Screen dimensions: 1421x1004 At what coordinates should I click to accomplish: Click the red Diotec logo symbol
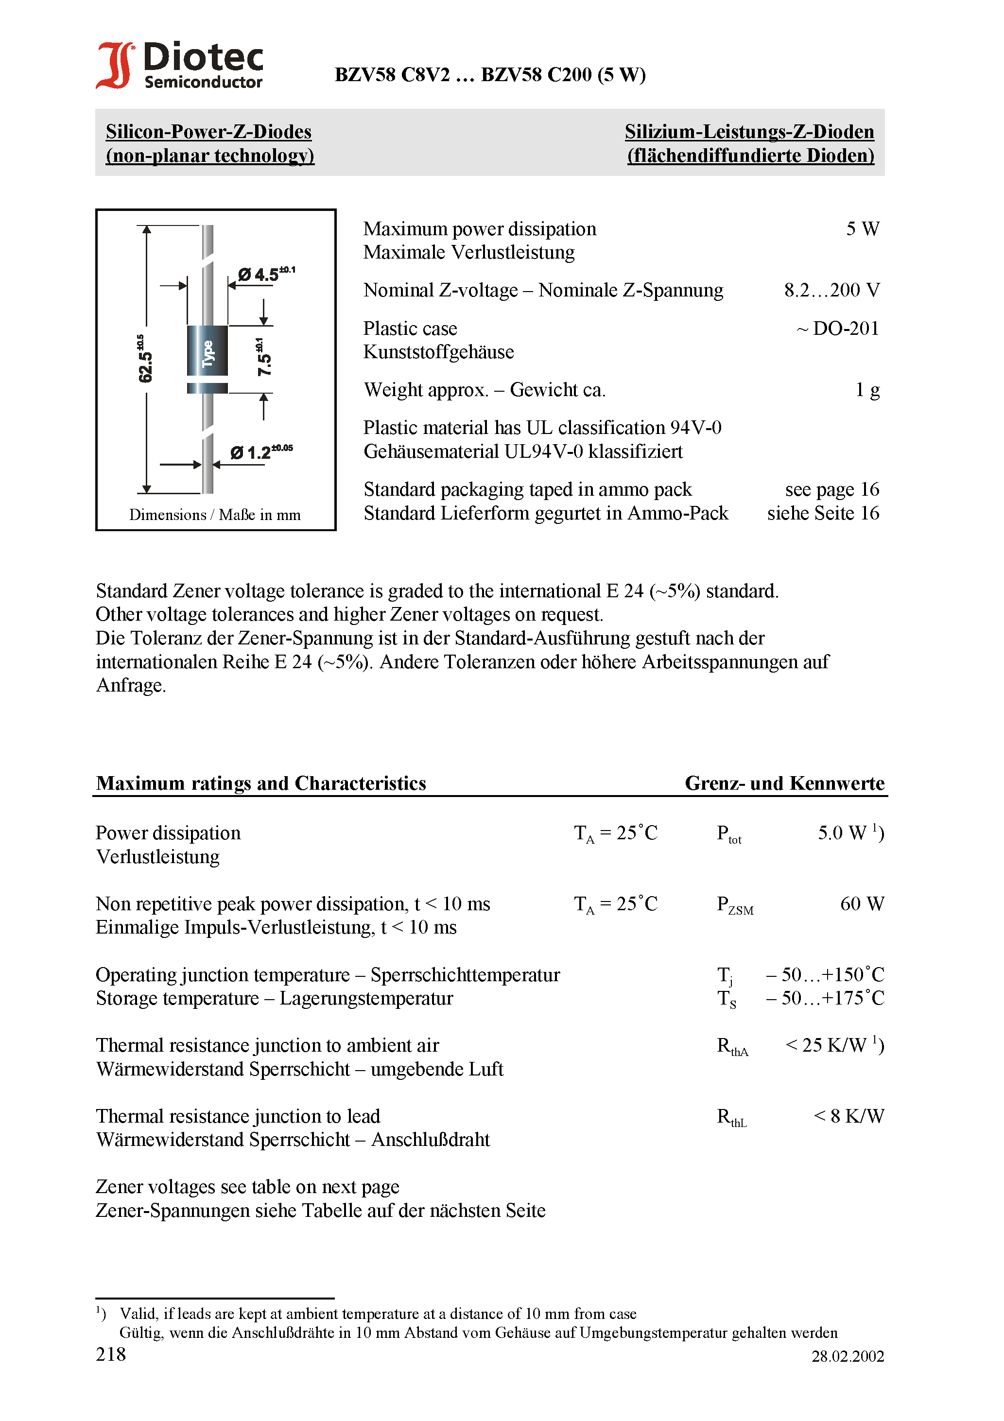115,65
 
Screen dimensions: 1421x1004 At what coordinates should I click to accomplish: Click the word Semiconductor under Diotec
203,82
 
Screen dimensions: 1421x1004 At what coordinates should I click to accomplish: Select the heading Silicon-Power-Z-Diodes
208,132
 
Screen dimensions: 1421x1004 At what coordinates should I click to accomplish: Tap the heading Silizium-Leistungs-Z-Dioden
749,132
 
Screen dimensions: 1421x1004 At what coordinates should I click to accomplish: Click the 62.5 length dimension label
144,360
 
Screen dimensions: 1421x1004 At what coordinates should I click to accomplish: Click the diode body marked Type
208,351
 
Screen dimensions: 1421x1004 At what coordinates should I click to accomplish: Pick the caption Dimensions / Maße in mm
215,515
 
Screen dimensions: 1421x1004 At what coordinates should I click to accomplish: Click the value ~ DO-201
837,329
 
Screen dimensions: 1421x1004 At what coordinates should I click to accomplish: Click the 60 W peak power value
862,904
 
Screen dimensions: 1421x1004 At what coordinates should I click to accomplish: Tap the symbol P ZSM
735,905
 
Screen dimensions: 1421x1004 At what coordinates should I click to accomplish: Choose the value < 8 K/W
848,1116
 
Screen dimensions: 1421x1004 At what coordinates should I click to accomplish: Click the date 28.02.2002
848,1357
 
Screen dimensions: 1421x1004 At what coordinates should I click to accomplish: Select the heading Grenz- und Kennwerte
784,783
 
